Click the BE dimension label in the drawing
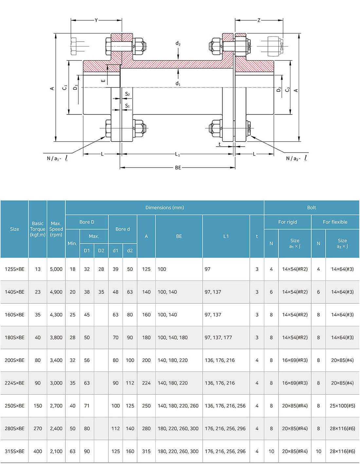click(x=178, y=168)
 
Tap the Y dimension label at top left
click(x=96, y=20)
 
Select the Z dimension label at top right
click(x=259, y=20)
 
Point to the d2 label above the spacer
click(x=178, y=43)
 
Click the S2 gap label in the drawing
click(x=127, y=94)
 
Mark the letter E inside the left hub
click(x=103, y=80)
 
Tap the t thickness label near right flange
click(x=219, y=144)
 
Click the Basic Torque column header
click(x=38, y=229)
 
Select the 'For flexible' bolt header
click(x=335, y=222)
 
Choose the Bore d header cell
click(x=123, y=229)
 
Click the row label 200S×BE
click(x=14, y=360)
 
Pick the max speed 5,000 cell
click(x=56, y=269)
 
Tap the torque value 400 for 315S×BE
click(x=38, y=451)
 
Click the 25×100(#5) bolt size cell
click(x=342, y=406)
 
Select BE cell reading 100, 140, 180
click(x=172, y=337)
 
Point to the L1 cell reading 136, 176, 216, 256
click(x=225, y=406)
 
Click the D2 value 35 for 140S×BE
click(x=101, y=292)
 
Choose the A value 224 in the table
click(x=146, y=383)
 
